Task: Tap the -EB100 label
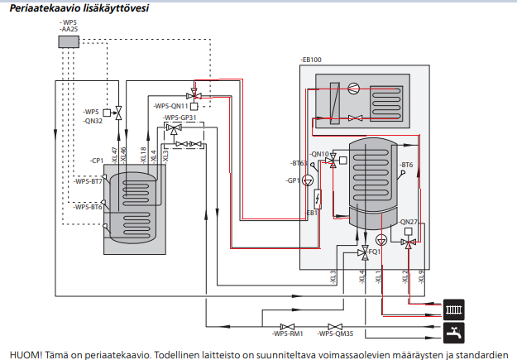[x=312, y=60]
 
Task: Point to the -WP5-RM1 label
[x=288, y=334]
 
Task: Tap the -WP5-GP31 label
[x=180, y=118]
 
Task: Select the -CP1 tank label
[x=98, y=160]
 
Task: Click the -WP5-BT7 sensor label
[x=88, y=181]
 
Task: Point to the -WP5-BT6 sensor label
[x=88, y=207]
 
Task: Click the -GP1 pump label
[x=293, y=180]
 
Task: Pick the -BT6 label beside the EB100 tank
[x=405, y=166]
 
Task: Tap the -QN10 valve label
[x=318, y=155]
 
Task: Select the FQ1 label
[x=374, y=251]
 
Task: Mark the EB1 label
[x=313, y=214]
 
